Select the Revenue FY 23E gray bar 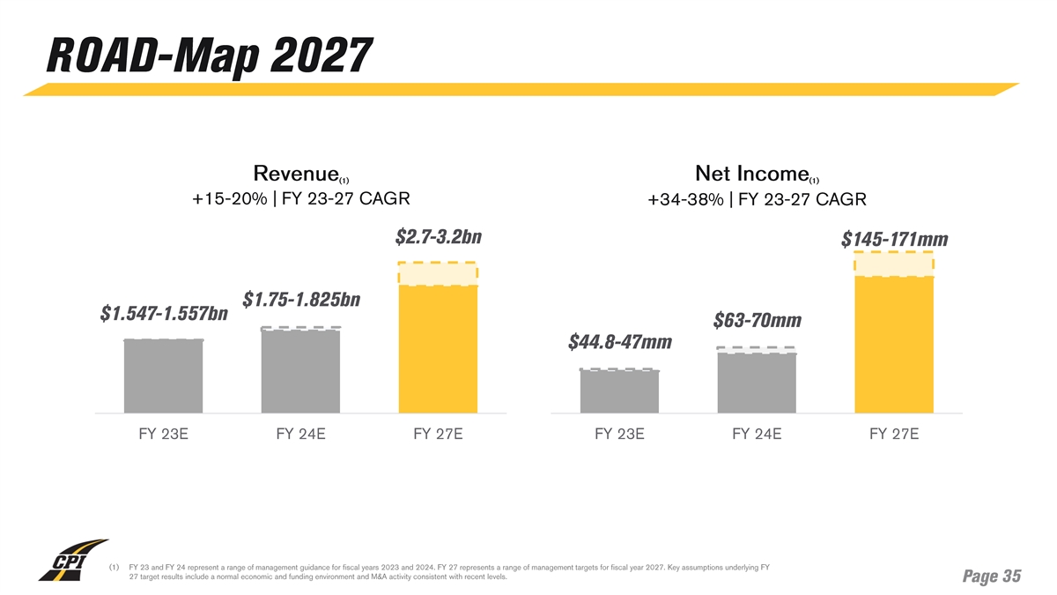163,376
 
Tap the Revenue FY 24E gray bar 300,370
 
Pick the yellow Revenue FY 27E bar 438,348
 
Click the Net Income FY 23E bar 619,391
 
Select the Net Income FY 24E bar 757,383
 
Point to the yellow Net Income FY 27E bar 893,344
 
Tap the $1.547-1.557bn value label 164,314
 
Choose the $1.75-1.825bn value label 301,300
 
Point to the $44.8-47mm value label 620,341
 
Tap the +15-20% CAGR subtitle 301,197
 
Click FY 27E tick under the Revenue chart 438,435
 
